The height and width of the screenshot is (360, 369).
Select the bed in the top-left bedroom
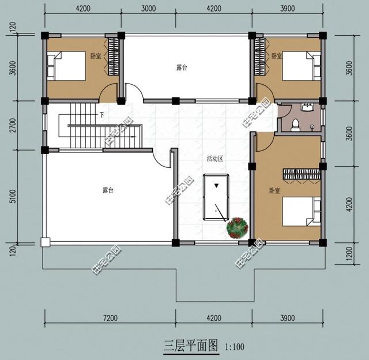point(66,66)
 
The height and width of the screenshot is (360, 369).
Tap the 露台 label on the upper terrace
point(182,67)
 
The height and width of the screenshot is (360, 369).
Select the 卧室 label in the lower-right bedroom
point(274,190)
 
